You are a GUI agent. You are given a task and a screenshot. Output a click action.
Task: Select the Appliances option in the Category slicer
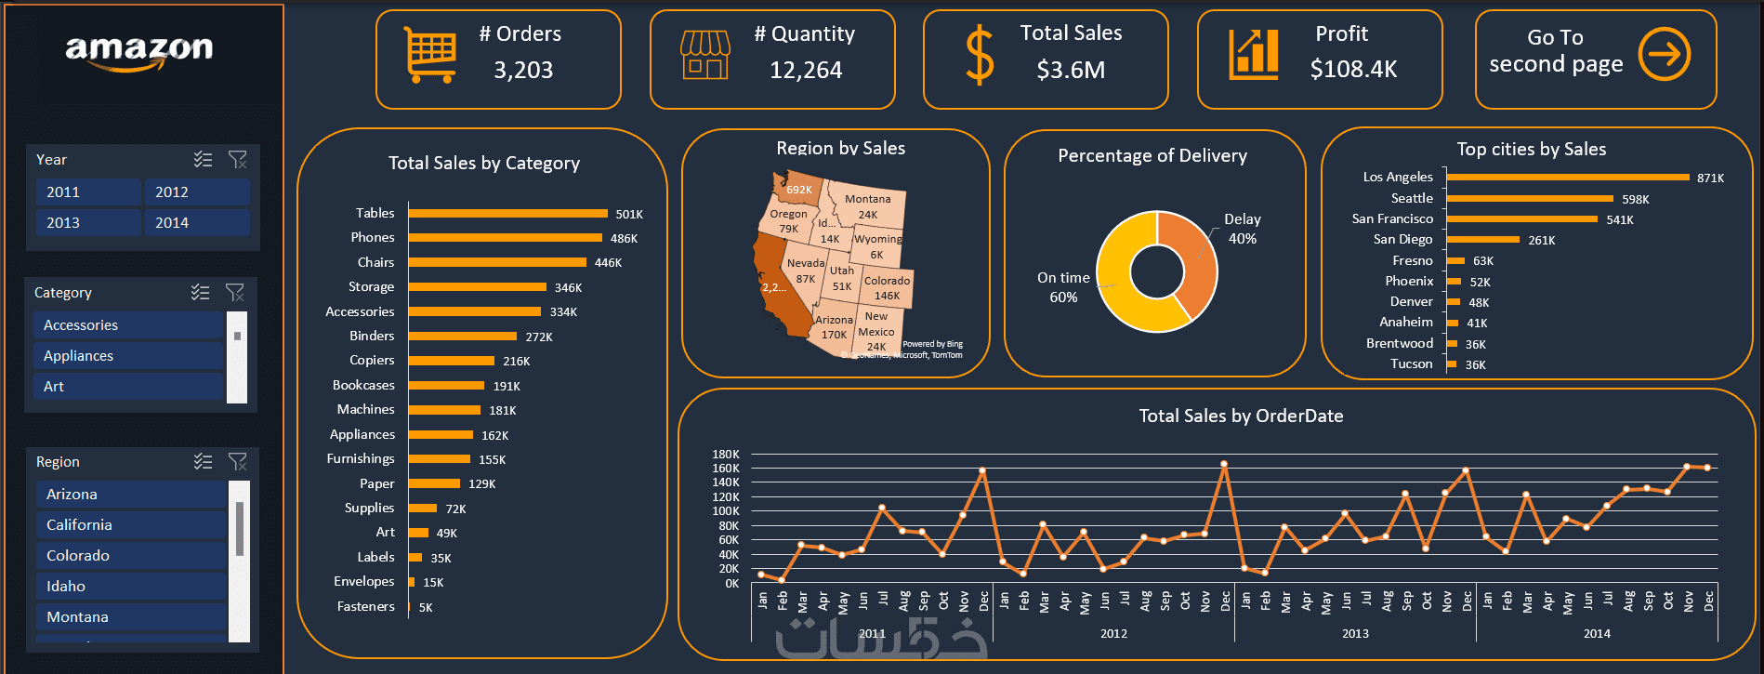coord(129,356)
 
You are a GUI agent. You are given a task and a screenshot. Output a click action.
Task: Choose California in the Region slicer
coord(130,525)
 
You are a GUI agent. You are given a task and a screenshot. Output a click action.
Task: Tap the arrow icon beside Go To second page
coord(1664,54)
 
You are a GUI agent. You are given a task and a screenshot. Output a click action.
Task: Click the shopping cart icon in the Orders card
coord(429,54)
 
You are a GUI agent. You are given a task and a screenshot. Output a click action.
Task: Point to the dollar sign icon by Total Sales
coord(980,56)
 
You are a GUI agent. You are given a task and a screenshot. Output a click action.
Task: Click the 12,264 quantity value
coord(806,70)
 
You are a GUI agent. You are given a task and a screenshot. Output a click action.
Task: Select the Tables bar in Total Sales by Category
coord(507,214)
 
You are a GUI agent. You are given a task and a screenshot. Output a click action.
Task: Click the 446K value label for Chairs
coord(608,263)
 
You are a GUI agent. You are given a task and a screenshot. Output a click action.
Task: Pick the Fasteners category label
coord(365,606)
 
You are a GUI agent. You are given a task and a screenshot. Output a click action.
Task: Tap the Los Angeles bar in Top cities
coord(1567,177)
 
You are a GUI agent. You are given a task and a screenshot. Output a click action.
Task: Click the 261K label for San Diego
coord(1541,240)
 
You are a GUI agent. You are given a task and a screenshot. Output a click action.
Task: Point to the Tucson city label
coord(1411,364)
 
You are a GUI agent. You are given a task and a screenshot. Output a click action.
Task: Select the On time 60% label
coord(1063,287)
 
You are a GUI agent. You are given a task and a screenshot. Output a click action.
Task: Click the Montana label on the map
coord(867,199)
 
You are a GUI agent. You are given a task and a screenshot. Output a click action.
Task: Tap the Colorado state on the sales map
coord(887,287)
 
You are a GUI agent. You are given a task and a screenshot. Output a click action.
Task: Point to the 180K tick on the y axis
coord(725,455)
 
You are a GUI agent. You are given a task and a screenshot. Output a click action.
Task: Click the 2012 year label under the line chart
coord(1113,633)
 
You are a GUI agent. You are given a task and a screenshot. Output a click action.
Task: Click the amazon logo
coord(139,51)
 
